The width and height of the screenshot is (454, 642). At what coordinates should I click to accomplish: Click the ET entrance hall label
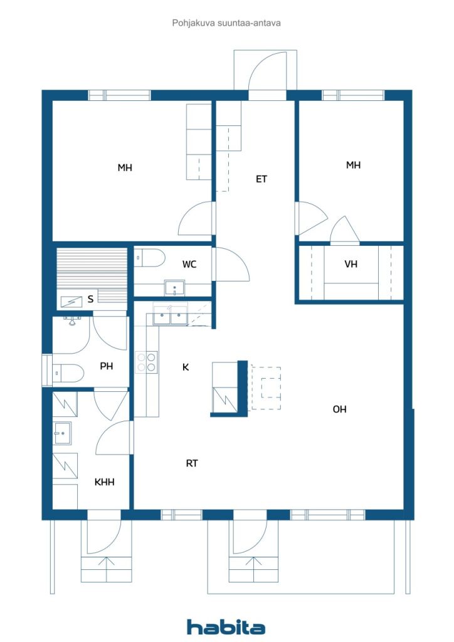(x=261, y=179)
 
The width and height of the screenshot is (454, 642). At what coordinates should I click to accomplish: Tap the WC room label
(x=189, y=265)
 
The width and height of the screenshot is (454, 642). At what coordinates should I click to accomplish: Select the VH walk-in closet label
(x=351, y=264)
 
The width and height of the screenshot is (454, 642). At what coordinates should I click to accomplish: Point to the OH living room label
(x=339, y=409)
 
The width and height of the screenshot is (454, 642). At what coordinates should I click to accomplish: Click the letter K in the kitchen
(x=186, y=367)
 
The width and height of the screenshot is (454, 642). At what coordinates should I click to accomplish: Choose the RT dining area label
(x=192, y=463)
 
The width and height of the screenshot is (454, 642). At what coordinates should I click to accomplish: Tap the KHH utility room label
(x=104, y=482)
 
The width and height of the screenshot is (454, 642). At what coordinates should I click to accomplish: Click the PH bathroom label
(x=107, y=366)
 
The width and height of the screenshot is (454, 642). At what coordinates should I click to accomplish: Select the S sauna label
(x=90, y=299)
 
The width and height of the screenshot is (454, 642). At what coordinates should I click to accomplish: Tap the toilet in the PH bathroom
(x=68, y=373)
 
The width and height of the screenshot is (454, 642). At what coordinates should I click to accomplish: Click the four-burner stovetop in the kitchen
(x=147, y=362)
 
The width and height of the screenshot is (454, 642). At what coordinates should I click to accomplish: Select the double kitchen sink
(x=171, y=315)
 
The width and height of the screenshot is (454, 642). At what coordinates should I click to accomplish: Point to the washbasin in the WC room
(x=174, y=287)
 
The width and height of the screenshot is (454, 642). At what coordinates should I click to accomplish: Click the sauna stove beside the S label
(x=68, y=302)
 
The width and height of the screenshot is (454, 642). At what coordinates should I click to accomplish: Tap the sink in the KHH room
(x=62, y=433)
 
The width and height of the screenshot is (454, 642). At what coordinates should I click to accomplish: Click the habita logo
(x=226, y=626)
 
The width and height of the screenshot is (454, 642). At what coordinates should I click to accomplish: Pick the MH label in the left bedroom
(x=125, y=167)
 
